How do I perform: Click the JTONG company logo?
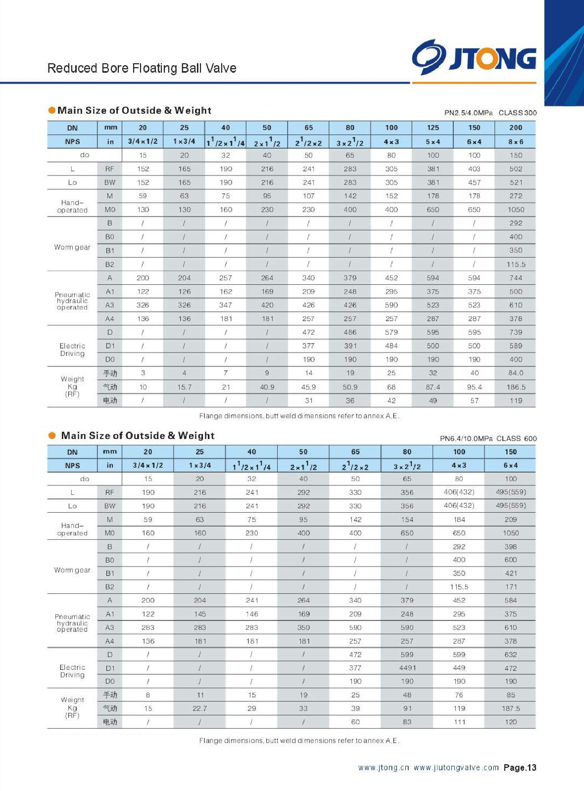(x=474, y=57)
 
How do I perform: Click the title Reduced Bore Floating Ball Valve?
(x=142, y=68)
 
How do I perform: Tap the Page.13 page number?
(x=520, y=768)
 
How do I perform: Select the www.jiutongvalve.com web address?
(x=456, y=768)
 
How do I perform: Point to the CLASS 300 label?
(x=517, y=113)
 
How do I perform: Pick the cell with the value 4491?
(x=407, y=668)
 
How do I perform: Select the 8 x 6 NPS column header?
(x=515, y=142)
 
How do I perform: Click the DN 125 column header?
(x=433, y=128)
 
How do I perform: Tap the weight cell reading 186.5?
(x=516, y=387)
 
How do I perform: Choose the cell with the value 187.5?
(x=511, y=708)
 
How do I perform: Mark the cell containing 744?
(x=516, y=278)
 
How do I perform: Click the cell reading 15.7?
(x=184, y=387)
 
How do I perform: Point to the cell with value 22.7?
(x=199, y=708)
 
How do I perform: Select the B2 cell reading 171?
(x=511, y=587)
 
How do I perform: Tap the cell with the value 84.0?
(x=516, y=373)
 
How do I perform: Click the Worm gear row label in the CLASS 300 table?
(x=72, y=247)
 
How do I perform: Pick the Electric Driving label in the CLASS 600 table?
(x=72, y=671)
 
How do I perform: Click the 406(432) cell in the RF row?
(x=459, y=492)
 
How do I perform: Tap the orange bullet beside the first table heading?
(x=51, y=110)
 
